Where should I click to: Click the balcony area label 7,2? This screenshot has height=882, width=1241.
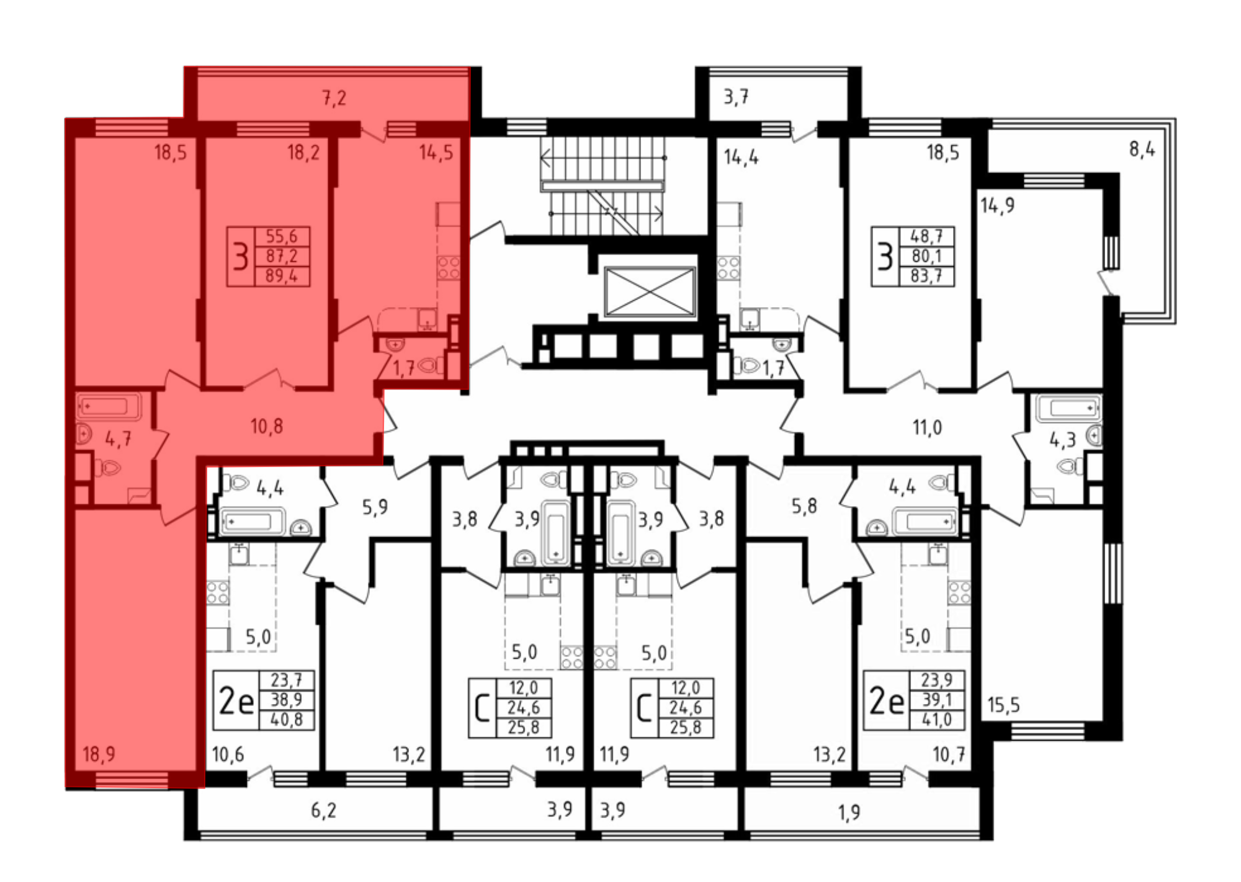(x=334, y=98)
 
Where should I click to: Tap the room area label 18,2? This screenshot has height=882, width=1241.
(x=303, y=152)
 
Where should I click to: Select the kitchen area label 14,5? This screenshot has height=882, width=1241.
(x=436, y=152)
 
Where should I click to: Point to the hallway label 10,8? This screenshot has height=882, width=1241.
(x=267, y=426)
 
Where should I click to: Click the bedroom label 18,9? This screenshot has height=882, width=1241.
(x=99, y=754)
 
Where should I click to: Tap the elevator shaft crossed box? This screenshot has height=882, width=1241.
(x=650, y=292)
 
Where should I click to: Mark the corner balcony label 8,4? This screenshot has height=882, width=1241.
(x=1142, y=149)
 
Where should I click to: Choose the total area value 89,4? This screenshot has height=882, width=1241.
(x=282, y=276)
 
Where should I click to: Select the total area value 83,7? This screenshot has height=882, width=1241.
(x=926, y=276)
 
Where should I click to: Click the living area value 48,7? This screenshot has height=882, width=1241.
(x=926, y=236)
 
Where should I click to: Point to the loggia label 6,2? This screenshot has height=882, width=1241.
(x=323, y=811)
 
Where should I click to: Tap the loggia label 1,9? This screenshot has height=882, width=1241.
(x=849, y=812)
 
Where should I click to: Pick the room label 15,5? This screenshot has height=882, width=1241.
(x=1004, y=705)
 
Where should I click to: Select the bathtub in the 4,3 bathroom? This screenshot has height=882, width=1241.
(x=1068, y=408)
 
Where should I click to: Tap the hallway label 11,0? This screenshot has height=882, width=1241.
(x=928, y=427)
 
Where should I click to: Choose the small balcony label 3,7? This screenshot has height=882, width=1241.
(x=737, y=97)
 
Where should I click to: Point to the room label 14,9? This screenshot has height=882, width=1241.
(x=998, y=205)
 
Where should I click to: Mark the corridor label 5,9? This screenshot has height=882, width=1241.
(x=375, y=507)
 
